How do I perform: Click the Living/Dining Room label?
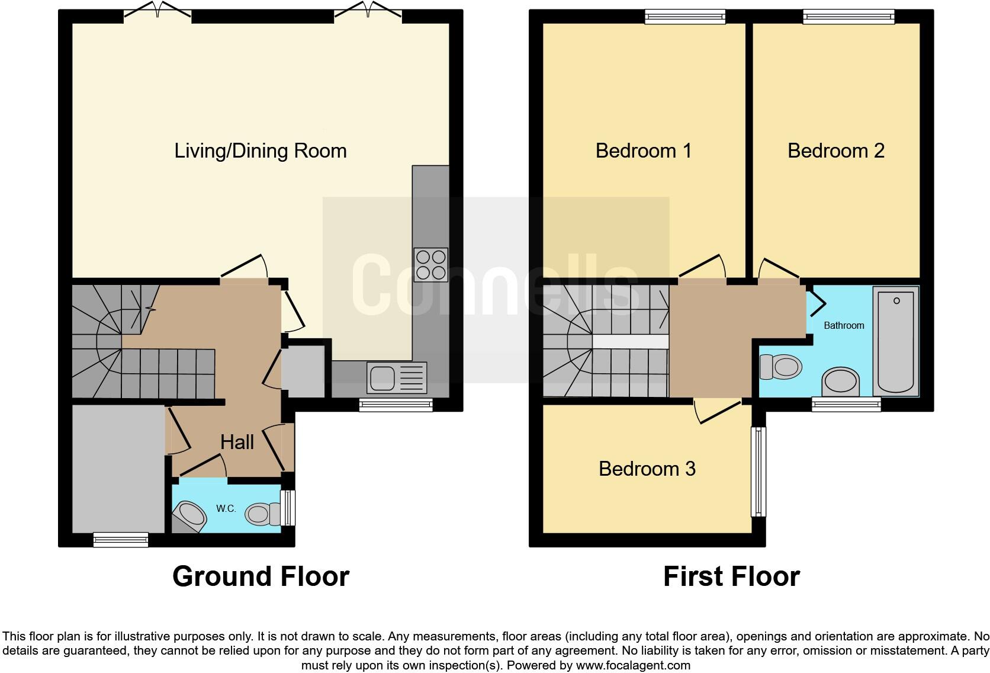click(x=261, y=150)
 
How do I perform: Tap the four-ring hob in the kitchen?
click(x=430, y=265)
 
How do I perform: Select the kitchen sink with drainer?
click(x=396, y=377)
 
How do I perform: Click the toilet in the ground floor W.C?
click(x=263, y=513)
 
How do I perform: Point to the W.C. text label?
click(x=226, y=508)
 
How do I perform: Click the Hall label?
click(x=237, y=442)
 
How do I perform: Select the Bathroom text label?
click(x=844, y=325)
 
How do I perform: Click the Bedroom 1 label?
click(x=644, y=150)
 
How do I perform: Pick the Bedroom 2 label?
click(x=835, y=150)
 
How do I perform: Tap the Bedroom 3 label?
click(x=647, y=469)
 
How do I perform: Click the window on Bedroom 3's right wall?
click(x=758, y=472)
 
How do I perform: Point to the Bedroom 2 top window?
click(x=848, y=17)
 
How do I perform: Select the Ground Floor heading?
click(x=261, y=576)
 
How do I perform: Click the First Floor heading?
click(x=731, y=576)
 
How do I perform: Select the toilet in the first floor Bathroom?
click(x=780, y=367)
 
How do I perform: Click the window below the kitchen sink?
click(x=396, y=405)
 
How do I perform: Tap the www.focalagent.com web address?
click(x=632, y=665)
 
